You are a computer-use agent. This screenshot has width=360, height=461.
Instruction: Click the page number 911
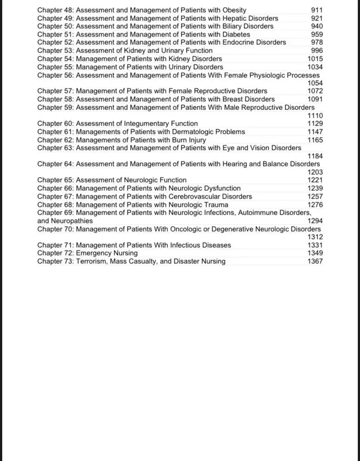pyautogui.click(x=317, y=10)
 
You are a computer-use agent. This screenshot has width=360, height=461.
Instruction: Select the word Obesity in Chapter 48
pyautogui.click(x=234, y=10)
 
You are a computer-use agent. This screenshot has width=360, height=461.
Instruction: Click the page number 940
pyautogui.click(x=317, y=26)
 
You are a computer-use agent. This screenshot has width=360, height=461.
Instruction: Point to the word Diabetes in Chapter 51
pyautogui.click(x=236, y=34)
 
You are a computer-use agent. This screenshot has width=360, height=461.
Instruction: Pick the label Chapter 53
pyautogui.click(x=55, y=50)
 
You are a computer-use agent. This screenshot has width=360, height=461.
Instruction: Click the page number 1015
pyautogui.click(x=315, y=59)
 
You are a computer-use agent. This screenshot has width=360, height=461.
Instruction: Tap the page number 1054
pyautogui.click(x=315, y=83)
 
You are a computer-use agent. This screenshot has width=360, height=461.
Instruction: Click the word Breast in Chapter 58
pyautogui.click(x=233, y=99)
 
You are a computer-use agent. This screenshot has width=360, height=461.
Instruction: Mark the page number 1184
pyautogui.click(x=315, y=156)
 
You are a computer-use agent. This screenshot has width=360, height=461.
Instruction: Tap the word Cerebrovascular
pyautogui.click(x=197, y=196)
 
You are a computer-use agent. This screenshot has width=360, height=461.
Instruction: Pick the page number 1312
pyautogui.click(x=315, y=237)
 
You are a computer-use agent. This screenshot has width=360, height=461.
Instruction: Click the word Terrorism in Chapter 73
pyautogui.click(x=91, y=261)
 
